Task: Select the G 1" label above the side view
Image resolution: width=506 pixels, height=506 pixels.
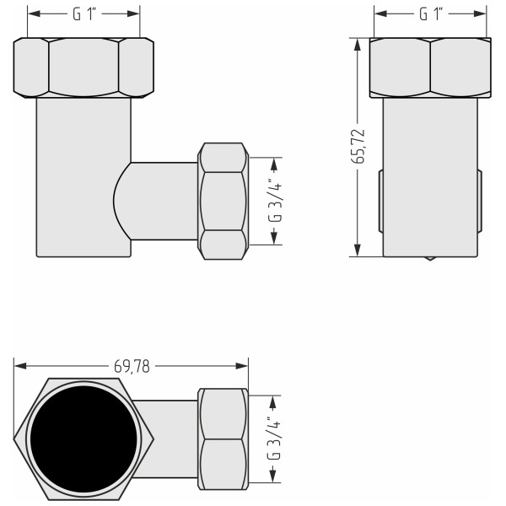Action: click(x=431, y=14)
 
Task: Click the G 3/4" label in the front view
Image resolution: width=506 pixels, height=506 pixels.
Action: click(x=274, y=200)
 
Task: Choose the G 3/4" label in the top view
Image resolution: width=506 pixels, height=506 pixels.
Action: click(x=274, y=439)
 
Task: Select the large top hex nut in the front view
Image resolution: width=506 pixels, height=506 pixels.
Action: click(x=83, y=67)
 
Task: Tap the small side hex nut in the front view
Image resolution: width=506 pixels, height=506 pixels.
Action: click(x=223, y=201)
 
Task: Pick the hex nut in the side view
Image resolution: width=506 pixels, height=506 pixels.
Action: click(x=431, y=67)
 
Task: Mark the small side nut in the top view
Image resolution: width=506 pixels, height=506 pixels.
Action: click(x=223, y=439)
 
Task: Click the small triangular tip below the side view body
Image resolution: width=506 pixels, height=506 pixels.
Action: click(x=431, y=258)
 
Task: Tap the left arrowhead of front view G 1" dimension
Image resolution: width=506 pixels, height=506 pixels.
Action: click(x=35, y=14)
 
